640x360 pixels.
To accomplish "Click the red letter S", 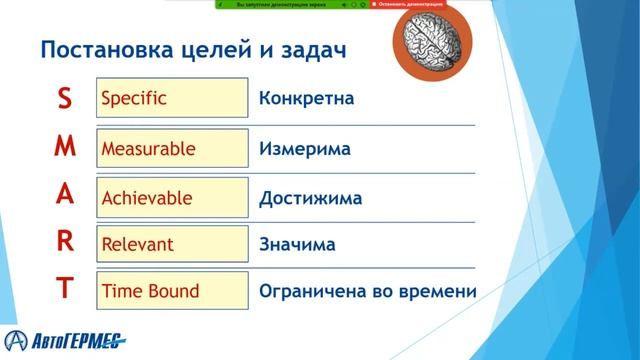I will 64,98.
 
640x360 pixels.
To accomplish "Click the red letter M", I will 64,146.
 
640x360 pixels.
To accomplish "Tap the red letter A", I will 64,195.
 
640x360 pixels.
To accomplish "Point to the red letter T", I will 64,290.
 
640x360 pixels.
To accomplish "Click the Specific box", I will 172,99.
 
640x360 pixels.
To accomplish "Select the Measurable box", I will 172,148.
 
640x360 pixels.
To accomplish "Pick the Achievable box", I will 172,197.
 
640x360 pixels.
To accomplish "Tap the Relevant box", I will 172,244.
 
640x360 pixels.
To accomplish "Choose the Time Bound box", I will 172,292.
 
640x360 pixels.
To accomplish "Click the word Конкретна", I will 306,100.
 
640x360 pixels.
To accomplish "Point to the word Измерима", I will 304,149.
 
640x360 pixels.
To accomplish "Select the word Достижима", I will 310,198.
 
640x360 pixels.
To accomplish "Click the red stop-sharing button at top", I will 407,5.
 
